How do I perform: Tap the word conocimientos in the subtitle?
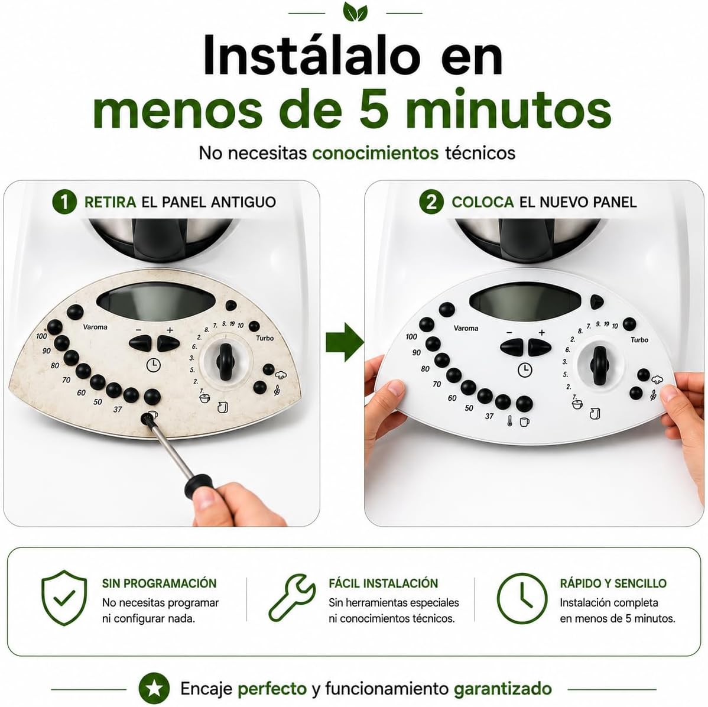375,153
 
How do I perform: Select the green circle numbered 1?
64,202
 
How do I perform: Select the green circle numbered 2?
431,202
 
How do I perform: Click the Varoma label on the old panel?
95,327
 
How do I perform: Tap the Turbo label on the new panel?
639,340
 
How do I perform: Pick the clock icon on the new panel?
525,370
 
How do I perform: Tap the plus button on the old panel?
168,344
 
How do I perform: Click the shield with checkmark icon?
64,598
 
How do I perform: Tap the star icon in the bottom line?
154,689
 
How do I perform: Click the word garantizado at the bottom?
502,689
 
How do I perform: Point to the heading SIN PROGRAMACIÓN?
160,583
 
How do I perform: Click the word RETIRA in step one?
110,202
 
